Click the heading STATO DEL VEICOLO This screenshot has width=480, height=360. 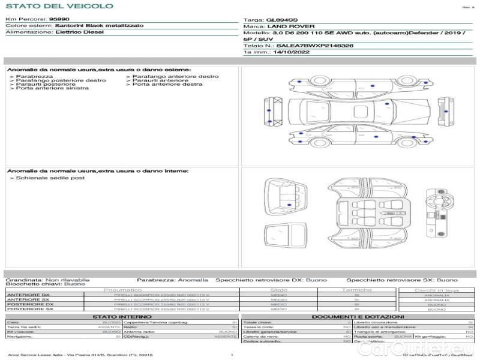(x=59, y=6)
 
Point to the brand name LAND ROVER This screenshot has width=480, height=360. (x=287, y=27)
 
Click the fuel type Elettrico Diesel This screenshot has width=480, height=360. (x=74, y=32)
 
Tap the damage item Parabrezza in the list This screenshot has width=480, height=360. (x=34, y=77)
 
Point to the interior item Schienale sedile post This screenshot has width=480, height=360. (x=50, y=178)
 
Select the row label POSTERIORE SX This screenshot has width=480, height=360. (x=30, y=309)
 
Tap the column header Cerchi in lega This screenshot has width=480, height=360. (x=436, y=290)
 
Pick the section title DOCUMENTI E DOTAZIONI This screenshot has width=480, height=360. (x=358, y=316)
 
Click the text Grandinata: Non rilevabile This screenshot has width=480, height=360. (x=47, y=280)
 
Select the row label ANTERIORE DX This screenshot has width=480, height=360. (x=28, y=295)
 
